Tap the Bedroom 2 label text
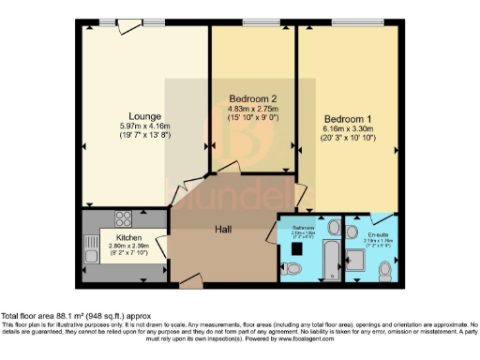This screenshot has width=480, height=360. (x=253, y=98)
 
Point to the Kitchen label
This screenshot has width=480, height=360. (x=127, y=238)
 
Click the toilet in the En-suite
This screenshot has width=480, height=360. (x=384, y=270)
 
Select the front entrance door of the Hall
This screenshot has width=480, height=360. (x=190, y=278)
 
